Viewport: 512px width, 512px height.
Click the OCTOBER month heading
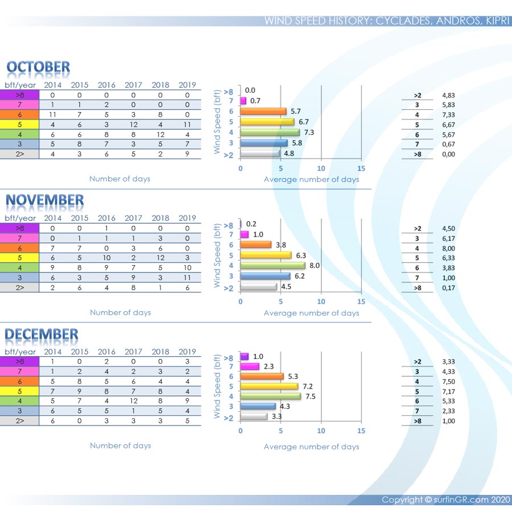click(x=38, y=67)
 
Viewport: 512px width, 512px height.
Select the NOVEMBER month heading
click(x=44, y=200)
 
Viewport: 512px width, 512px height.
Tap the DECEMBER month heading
click(x=42, y=334)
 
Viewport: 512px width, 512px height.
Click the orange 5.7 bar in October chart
click(x=263, y=112)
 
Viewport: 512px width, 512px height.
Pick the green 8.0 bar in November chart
click(x=272, y=265)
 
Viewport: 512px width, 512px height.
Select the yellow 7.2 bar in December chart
click(x=269, y=386)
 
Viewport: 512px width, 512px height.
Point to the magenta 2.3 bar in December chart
click(x=250, y=366)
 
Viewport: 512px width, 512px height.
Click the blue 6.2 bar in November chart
click(x=265, y=276)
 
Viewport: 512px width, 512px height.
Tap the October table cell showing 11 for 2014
click(x=53, y=115)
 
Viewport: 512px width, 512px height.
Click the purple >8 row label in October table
click(x=19, y=95)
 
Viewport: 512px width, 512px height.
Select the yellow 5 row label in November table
click(x=19, y=258)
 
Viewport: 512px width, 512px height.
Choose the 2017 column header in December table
click(x=134, y=352)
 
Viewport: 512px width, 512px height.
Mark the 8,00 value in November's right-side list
click(x=449, y=249)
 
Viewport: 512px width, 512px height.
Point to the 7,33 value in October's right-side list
click(x=449, y=115)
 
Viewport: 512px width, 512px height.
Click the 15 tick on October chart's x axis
click(x=361, y=168)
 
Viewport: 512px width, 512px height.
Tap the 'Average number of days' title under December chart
click(x=311, y=447)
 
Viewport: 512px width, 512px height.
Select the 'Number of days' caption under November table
click(x=120, y=312)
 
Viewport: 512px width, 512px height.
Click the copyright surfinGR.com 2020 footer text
click(x=445, y=500)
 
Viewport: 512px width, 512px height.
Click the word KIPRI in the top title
click(x=499, y=21)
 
